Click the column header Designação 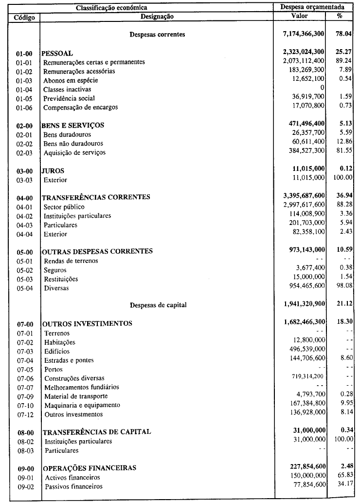(157, 16)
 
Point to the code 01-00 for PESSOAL (24, 53)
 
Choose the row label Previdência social (66, 98)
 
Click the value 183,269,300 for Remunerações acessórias (304, 71)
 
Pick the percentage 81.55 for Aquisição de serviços (342, 152)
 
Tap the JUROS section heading (53, 171)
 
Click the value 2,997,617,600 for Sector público (301, 206)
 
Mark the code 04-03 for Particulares (24, 225)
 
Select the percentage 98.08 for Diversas (342, 288)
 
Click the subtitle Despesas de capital (158, 305)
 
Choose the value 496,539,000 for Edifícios (305, 351)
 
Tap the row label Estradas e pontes (69, 360)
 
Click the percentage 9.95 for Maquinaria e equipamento (343, 405)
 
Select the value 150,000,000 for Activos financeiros (305, 477)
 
